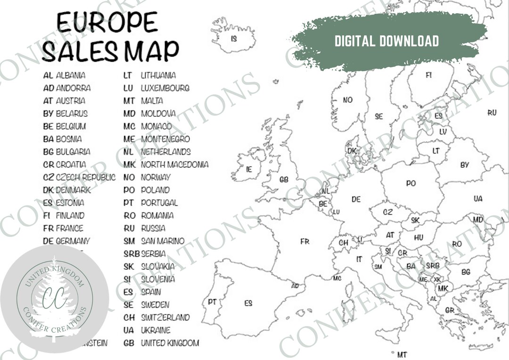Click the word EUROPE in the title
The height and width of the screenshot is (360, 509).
click(107, 23)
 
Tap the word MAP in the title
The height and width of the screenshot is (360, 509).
click(152, 50)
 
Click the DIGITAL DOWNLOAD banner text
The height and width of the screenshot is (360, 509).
click(386, 41)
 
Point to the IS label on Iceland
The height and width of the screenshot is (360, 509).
click(234, 39)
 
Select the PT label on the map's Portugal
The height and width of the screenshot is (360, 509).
click(212, 302)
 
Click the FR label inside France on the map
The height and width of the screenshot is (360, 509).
click(305, 242)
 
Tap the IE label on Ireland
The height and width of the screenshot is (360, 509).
click(249, 169)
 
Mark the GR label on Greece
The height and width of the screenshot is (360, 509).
click(450, 311)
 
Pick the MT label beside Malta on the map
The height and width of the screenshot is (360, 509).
click(402, 354)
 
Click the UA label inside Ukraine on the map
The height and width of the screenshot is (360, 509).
click(478, 199)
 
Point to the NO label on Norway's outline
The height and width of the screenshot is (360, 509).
click(348, 100)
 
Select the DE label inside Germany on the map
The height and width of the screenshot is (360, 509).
click(356, 199)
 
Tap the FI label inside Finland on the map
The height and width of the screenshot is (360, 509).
click(429, 75)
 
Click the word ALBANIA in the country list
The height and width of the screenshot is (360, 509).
click(71, 75)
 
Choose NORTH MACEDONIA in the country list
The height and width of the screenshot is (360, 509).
click(174, 164)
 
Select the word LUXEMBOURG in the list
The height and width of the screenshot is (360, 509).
click(165, 88)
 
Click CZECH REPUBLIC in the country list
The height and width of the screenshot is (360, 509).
click(85, 177)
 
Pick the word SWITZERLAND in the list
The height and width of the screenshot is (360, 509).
click(165, 317)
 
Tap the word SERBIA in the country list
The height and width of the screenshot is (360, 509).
click(154, 254)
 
